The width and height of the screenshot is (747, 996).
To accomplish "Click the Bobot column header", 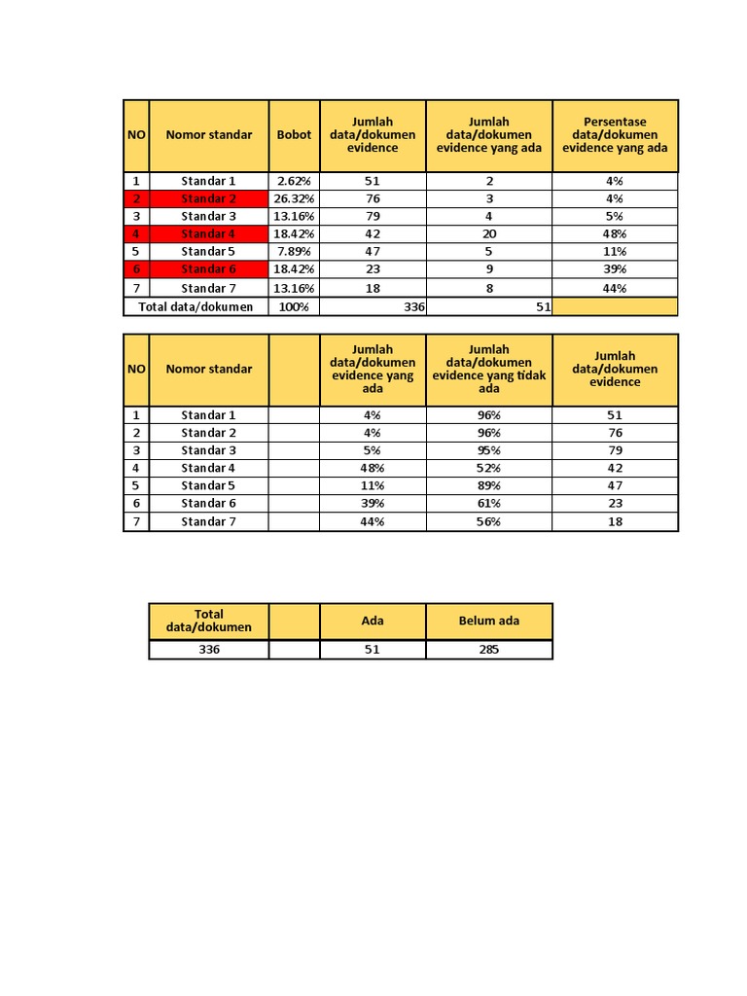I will pos(294,135).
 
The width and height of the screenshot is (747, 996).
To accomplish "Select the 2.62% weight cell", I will pos(294,181).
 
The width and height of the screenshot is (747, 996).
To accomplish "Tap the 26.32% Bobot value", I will pos(294,198).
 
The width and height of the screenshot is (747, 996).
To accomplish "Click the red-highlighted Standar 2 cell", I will pos(208,198).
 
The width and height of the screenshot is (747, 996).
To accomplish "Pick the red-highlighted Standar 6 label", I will pos(208,268).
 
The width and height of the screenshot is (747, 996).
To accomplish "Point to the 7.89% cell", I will pos(294,251).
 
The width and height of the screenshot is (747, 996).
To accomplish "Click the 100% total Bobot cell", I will pos(294,306).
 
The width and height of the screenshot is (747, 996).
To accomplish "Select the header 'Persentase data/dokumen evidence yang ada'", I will pos(615,135).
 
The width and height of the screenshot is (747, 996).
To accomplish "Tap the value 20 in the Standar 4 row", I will pos(489,233).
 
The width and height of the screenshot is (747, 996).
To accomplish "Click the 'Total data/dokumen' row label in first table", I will pos(196,306).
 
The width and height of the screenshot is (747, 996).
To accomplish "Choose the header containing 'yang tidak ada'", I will pos(489,369).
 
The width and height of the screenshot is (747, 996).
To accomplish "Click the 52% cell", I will pos(489,468).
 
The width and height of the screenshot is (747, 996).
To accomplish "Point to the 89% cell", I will pos(489,485).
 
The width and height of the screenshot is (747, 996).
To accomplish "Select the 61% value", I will pos(489,503).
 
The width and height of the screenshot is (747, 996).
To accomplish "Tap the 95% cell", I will pos(489,450).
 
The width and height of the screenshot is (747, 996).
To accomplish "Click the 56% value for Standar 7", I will pos(489,521).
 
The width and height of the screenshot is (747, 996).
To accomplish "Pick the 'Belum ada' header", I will pos(489,621).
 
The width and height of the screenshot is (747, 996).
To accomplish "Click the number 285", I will pos(489,649).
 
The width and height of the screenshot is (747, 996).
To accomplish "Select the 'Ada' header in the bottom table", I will pos(373,621).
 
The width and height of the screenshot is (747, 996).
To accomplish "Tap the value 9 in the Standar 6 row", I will pos(489,268).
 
